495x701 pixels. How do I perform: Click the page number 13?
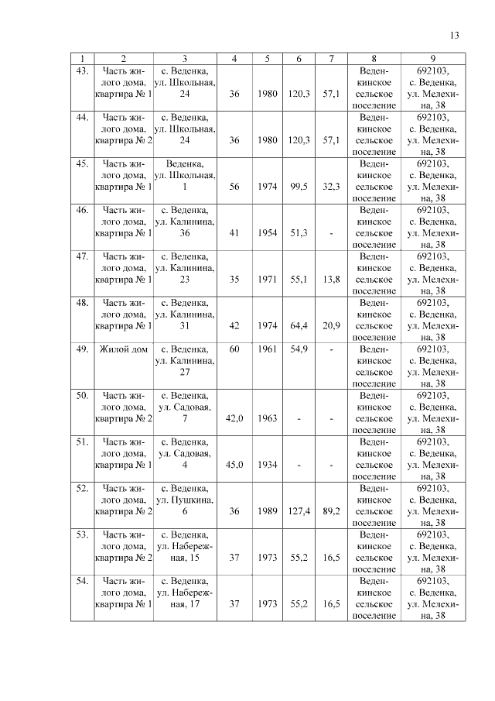(454, 35)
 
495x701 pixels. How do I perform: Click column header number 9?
(433, 59)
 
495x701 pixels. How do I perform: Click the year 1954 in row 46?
(267, 233)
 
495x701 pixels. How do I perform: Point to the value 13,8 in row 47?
(331, 280)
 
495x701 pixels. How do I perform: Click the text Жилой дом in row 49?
(124, 349)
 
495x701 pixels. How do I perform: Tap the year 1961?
(267, 349)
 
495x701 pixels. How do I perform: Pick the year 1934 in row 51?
(267, 465)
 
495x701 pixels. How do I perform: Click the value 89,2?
(331, 511)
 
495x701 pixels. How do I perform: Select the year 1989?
(267, 511)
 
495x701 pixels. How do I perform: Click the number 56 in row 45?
(234, 187)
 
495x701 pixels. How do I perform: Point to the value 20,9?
(331, 326)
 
